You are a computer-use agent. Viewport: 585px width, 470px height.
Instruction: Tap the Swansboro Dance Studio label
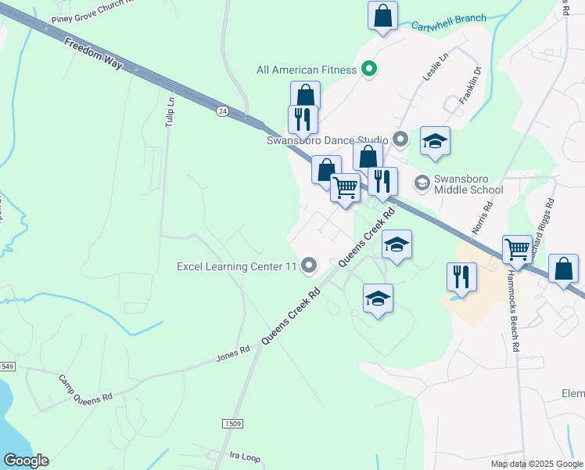pyautogui.click(x=328, y=141)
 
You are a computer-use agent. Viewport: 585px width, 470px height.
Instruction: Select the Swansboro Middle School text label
pyautogui.click(x=469, y=184)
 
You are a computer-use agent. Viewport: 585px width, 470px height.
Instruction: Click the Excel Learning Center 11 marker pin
pyautogui.click(x=310, y=266)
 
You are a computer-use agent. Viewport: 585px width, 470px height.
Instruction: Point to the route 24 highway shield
pyautogui.click(x=223, y=112)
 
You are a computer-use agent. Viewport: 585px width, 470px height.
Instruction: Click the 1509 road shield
pyautogui.click(x=232, y=424)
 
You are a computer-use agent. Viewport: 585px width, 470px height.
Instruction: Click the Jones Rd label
pyautogui.click(x=232, y=355)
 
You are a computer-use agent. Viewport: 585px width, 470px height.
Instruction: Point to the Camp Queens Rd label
pyautogui.click(x=86, y=387)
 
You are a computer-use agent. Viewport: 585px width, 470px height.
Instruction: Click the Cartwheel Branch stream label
pyautogui.click(x=449, y=19)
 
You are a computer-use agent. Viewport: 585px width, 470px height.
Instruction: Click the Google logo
pyautogui.click(x=26, y=461)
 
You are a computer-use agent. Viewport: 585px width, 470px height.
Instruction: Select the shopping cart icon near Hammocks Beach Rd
pyautogui.click(x=517, y=250)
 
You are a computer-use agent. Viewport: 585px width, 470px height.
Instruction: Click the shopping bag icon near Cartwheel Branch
pyautogui.click(x=382, y=15)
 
